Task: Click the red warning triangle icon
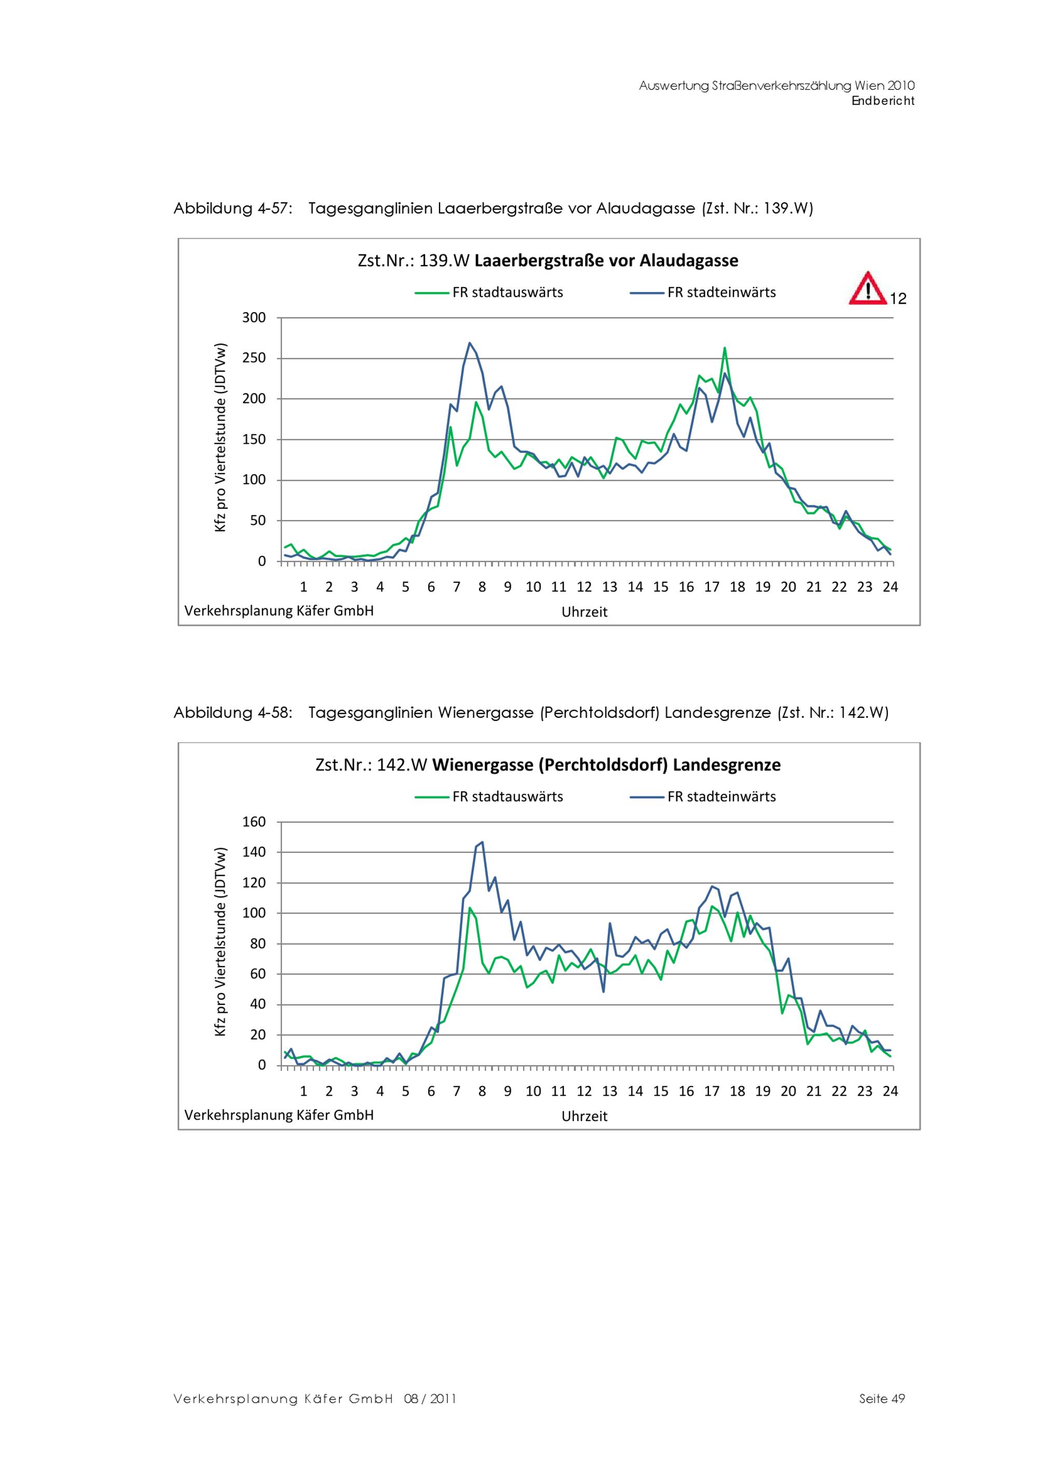(x=867, y=290)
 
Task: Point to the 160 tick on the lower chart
(x=253, y=822)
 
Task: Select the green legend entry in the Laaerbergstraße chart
(x=489, y=292)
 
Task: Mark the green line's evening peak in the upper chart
(x=725, y=348)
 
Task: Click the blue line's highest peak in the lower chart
(x=482, y=842)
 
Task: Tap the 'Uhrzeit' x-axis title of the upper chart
(x=584, y=611)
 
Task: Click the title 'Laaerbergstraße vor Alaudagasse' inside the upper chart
(x=606, y=261)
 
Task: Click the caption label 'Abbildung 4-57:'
(x=233, y=209)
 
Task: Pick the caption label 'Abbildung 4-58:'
(x=233, y=713)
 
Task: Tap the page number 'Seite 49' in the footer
(x=882, y=1398)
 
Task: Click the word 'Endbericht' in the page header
(x=883, y=101)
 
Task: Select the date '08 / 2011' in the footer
(x=430, y=1398)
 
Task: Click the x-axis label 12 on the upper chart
(x=584, y=587)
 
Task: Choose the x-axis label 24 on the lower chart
(x=890, y=1091)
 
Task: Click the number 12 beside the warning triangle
(x=898, y=299)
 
